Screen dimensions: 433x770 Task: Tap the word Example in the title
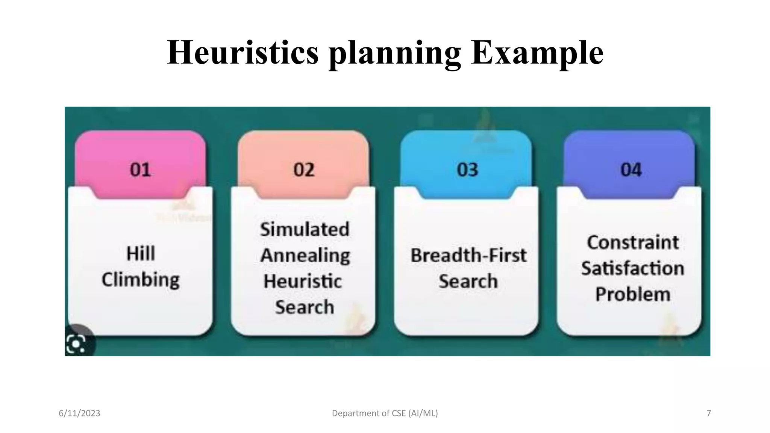click(x=537, y=53)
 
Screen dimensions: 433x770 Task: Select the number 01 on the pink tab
click(x=140, y=170)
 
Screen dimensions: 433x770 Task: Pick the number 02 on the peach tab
click(x=304, y=170)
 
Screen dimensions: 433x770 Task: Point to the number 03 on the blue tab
click(x=467, y=170)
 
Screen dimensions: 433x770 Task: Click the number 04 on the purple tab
click(x=631, y=170)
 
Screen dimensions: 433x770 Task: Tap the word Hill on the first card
click(x=141, y=254)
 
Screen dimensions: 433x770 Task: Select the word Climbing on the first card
click(x=141, y=280)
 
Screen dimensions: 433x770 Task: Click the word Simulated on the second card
click(x=305, y=230)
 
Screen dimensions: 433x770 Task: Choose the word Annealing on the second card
click(x=305, y=256)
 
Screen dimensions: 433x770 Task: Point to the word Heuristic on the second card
click(x=303, y=282)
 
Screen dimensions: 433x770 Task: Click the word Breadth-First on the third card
click(x=468, y=256)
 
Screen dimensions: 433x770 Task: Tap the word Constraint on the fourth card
click(x=633, y=242)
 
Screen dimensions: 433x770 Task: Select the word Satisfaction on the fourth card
click(x=633, y=268)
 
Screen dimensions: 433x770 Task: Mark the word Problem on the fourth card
click(x=633, y=294)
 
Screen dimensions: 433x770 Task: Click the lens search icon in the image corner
click(x=76, y=344)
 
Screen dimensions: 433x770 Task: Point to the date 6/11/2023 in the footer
click(x=79, y=413)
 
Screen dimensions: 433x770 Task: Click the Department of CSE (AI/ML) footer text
click(x=385, y=413)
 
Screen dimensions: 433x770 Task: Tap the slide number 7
click(x=709, y=413)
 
